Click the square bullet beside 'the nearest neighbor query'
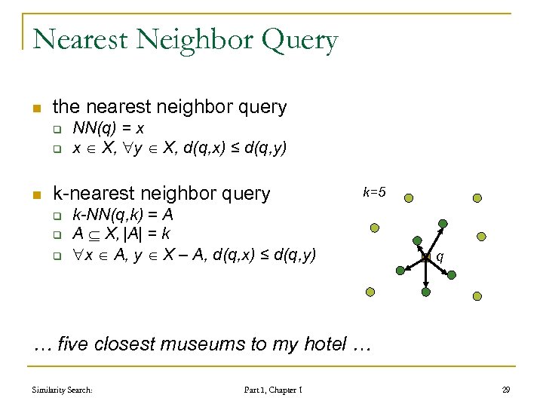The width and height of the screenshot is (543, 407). pos(35,108)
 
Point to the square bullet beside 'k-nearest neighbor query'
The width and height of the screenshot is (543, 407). pos(35,194)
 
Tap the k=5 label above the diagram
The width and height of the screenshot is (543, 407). pos(374,192)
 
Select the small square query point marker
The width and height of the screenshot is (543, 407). pos(425,257)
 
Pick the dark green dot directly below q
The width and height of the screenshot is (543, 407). pos(425,292)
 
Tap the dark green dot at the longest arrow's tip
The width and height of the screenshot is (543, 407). pos(443,223)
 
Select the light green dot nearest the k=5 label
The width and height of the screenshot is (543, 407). pos(408,198)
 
